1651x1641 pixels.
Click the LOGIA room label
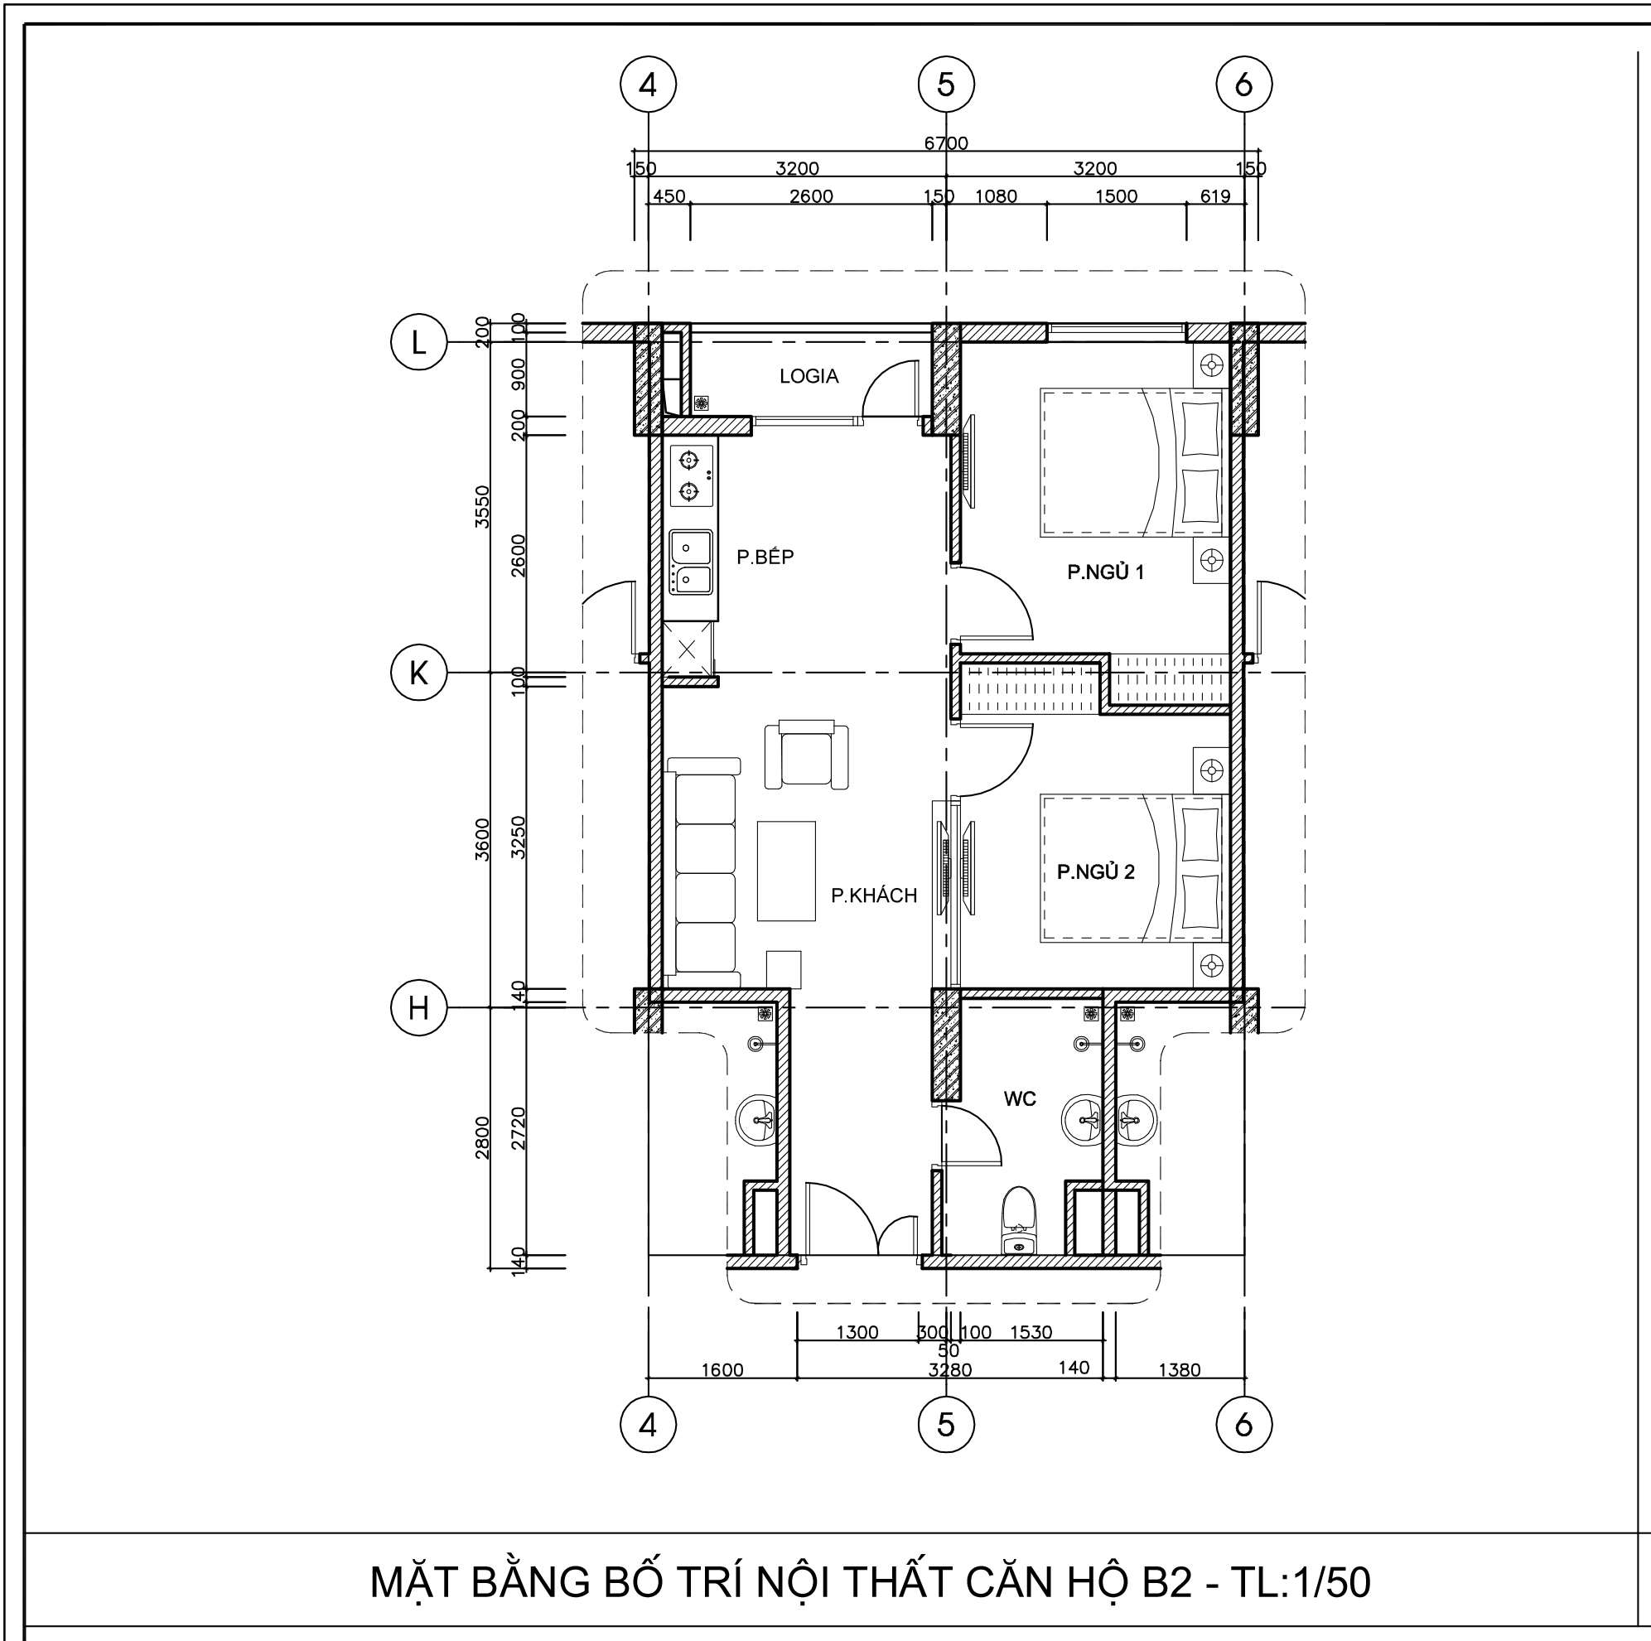point(809,376)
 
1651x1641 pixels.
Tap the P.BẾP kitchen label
point(765,557)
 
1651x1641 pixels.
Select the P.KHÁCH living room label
point(874,895)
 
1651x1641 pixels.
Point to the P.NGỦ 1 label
point(1105,572)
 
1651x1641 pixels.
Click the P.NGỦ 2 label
point(1095,871)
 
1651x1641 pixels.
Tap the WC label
point(1020,1098)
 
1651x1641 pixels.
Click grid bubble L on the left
point(418,342)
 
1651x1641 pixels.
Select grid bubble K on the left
point(418,673)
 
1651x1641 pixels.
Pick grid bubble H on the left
point(418,1008)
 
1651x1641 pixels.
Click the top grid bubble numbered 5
point(946,84)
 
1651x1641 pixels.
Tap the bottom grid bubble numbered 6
point(1244,1424)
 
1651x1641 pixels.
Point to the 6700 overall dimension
point(946,142)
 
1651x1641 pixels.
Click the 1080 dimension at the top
point(997,195)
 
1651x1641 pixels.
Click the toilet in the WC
point(1018,1219)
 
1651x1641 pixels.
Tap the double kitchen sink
point(692,562)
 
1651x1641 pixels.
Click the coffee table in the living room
point(786,871)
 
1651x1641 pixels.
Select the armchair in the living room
point(807,753)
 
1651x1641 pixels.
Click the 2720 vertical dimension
point(518,1128)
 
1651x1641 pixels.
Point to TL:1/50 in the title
point(1301,1581)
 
